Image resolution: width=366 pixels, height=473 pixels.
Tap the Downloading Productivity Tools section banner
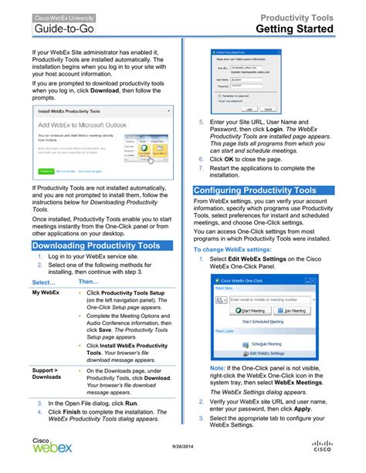[97, 245]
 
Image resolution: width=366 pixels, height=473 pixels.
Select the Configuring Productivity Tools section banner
[255, 190]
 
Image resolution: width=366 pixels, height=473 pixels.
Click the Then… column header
[89, 282]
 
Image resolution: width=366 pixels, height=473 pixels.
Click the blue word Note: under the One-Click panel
[217, 368]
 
